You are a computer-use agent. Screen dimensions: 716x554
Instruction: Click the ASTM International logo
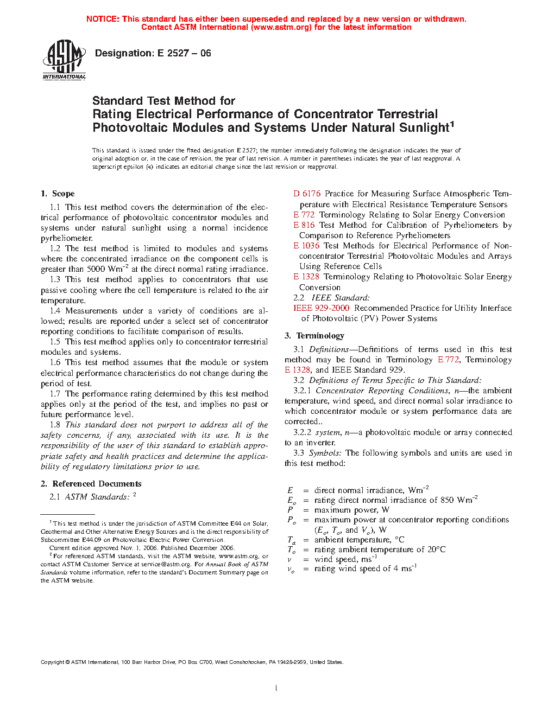pyautogui.click(x=64, y=60)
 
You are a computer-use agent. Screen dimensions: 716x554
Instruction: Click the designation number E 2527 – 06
pyautogui.click(x=184, y=53)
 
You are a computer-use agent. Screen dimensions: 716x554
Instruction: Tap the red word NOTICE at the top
pyautogui.click(x=103, y=19)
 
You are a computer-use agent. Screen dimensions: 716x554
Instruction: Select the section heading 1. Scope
pyautogui.click(x=58, y=194)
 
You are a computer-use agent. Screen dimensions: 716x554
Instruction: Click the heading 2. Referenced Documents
pyautogui.click(x=91, y=484)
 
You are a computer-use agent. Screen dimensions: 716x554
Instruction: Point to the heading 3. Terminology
pyautogui.click(x=314, y=336)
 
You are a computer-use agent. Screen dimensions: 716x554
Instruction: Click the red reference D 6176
pyautogui.click(x=307, y=194)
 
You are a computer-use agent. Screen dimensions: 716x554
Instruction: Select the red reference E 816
pyautogui.click(x=304, y=225)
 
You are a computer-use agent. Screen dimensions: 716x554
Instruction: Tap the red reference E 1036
pyautogui.click(x=306, y=246)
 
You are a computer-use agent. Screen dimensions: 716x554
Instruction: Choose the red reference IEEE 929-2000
pyautogui.click(x=321, y=308)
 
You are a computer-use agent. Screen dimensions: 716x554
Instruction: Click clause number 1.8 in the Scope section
pyautogui.click(x=55, y=425)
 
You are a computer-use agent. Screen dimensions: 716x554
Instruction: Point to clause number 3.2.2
pyautogui.click(x=303, y=432)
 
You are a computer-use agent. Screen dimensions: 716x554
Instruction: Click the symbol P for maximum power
pyautogui.click(x=290, y=510)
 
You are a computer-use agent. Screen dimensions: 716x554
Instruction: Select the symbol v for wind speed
pyautogui.click(x=289, y=559)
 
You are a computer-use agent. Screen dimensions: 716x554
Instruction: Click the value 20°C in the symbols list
pyautogui.click(x=436, y=549)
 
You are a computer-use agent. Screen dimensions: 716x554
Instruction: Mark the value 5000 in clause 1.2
pyautogui.click(x=96, y=269)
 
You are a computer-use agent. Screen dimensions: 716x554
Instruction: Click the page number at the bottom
pyautogui.click(x=276, y=688)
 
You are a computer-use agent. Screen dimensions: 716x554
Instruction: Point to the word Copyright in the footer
pyautogui.click(x=53, y=662)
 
